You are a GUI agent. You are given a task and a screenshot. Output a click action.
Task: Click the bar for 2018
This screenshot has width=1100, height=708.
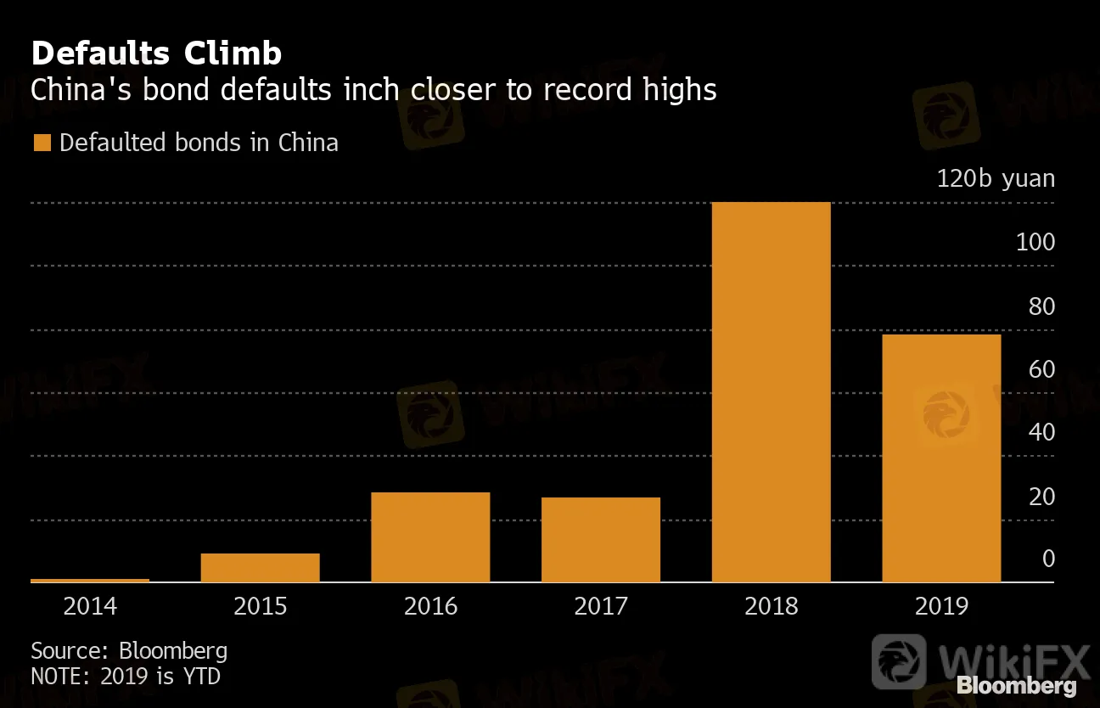tap(771, 392)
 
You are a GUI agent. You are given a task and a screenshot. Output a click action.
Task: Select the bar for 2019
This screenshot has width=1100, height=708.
tap(941, 458)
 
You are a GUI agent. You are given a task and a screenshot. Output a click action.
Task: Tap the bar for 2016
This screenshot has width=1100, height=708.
tap(430, 537)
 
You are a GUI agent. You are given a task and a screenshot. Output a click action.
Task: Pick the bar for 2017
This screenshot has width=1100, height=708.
tap(601, 540)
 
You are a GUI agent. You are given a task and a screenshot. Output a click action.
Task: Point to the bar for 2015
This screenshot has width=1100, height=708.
tap(260, 568)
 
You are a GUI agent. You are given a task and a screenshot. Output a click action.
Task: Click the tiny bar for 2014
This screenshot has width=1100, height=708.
tap(90, 581)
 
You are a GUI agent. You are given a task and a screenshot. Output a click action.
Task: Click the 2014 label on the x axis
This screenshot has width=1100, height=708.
tap(90, 606)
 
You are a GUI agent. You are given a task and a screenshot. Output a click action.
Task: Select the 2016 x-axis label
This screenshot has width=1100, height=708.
tap(430, 606)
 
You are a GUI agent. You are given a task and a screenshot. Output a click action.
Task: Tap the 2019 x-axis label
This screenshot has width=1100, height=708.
tap(941, 606)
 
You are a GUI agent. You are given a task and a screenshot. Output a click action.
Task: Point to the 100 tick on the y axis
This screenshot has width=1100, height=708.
tap(1035, 243)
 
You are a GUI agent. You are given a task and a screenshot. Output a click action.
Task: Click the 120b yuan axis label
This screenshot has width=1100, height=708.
tap(996, 179)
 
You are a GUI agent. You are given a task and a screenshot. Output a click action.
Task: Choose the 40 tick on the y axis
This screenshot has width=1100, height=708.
tap(1041, 432)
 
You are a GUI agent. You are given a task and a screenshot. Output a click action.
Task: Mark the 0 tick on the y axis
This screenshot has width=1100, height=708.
tap(1048, 559)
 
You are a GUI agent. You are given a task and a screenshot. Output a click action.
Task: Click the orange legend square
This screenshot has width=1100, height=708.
tap(41, 143)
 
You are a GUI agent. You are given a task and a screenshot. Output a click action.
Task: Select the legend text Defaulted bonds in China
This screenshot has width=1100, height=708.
tap(199, 143)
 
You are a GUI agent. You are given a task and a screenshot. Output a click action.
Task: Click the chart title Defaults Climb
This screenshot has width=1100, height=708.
tap(156, 53)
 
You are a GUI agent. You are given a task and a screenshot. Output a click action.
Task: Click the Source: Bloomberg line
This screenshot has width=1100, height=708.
tap(129, 651)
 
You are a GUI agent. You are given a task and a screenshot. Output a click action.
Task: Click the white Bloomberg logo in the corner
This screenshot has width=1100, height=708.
tap(1016, 686)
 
